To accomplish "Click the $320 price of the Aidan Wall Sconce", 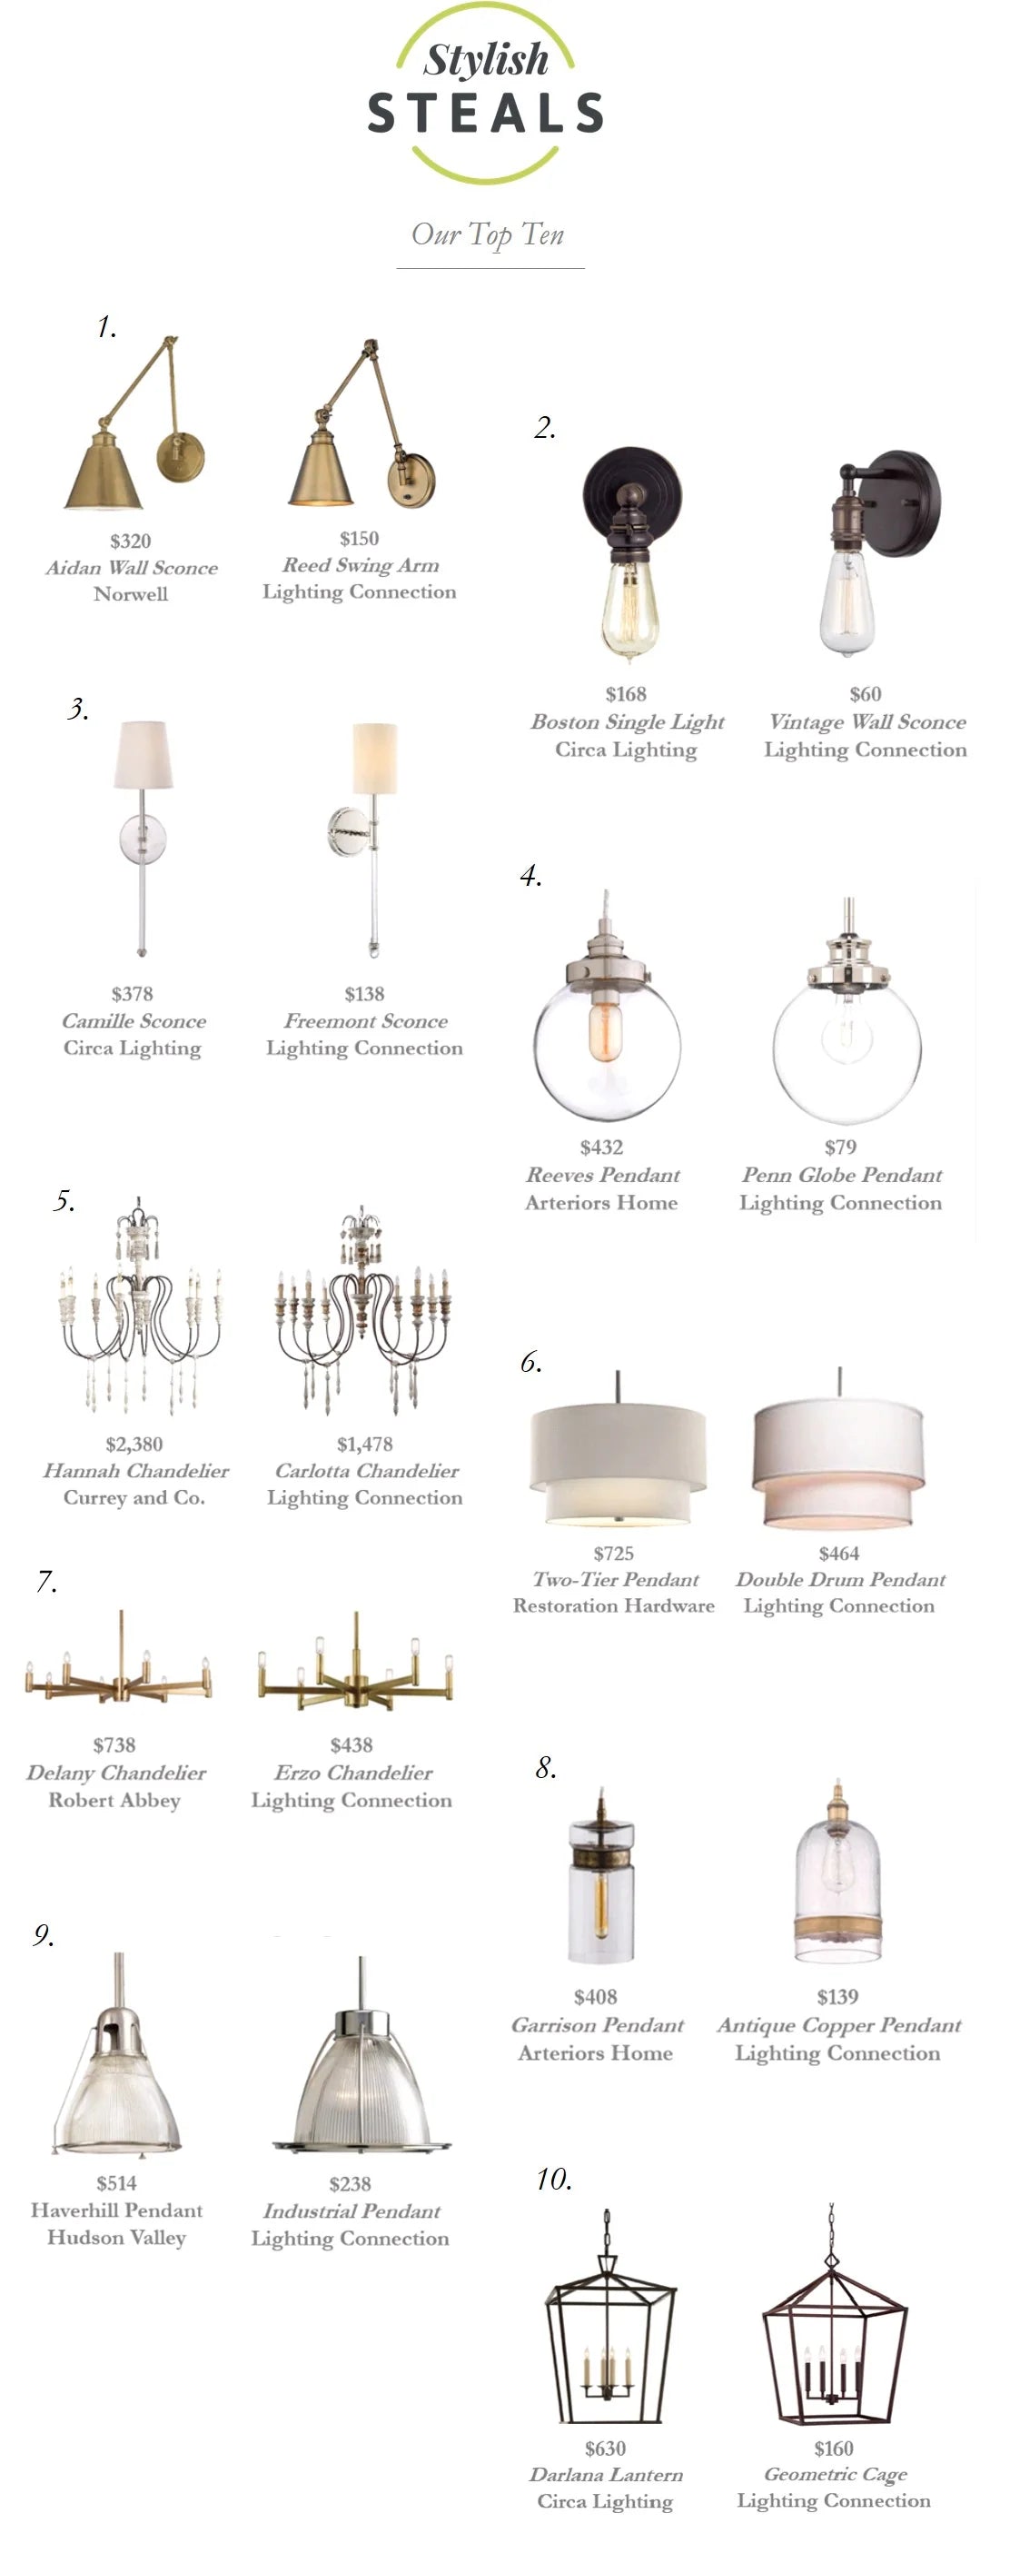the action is coord(130,541).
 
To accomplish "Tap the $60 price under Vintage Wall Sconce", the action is coord(866,693).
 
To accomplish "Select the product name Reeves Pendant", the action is coord(602,1175).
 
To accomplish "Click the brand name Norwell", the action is coord(131,593).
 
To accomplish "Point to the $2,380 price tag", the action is coord(134,1444).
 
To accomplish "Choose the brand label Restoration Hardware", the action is coord(613,1605).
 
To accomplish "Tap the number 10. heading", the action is coord(554,2179).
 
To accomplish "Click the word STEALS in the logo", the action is coord(486,113).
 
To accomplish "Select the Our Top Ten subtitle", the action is coord(488,234).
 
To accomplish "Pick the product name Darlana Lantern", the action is coord(606,2474).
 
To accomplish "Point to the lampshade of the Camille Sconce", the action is coord(143,755).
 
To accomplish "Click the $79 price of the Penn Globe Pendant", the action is coord(840,1147).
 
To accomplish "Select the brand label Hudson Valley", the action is coord(117,2238).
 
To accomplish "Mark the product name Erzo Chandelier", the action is coord(353,1772).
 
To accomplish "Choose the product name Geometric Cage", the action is coord(836,2474).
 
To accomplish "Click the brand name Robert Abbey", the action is coord(114,1800).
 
